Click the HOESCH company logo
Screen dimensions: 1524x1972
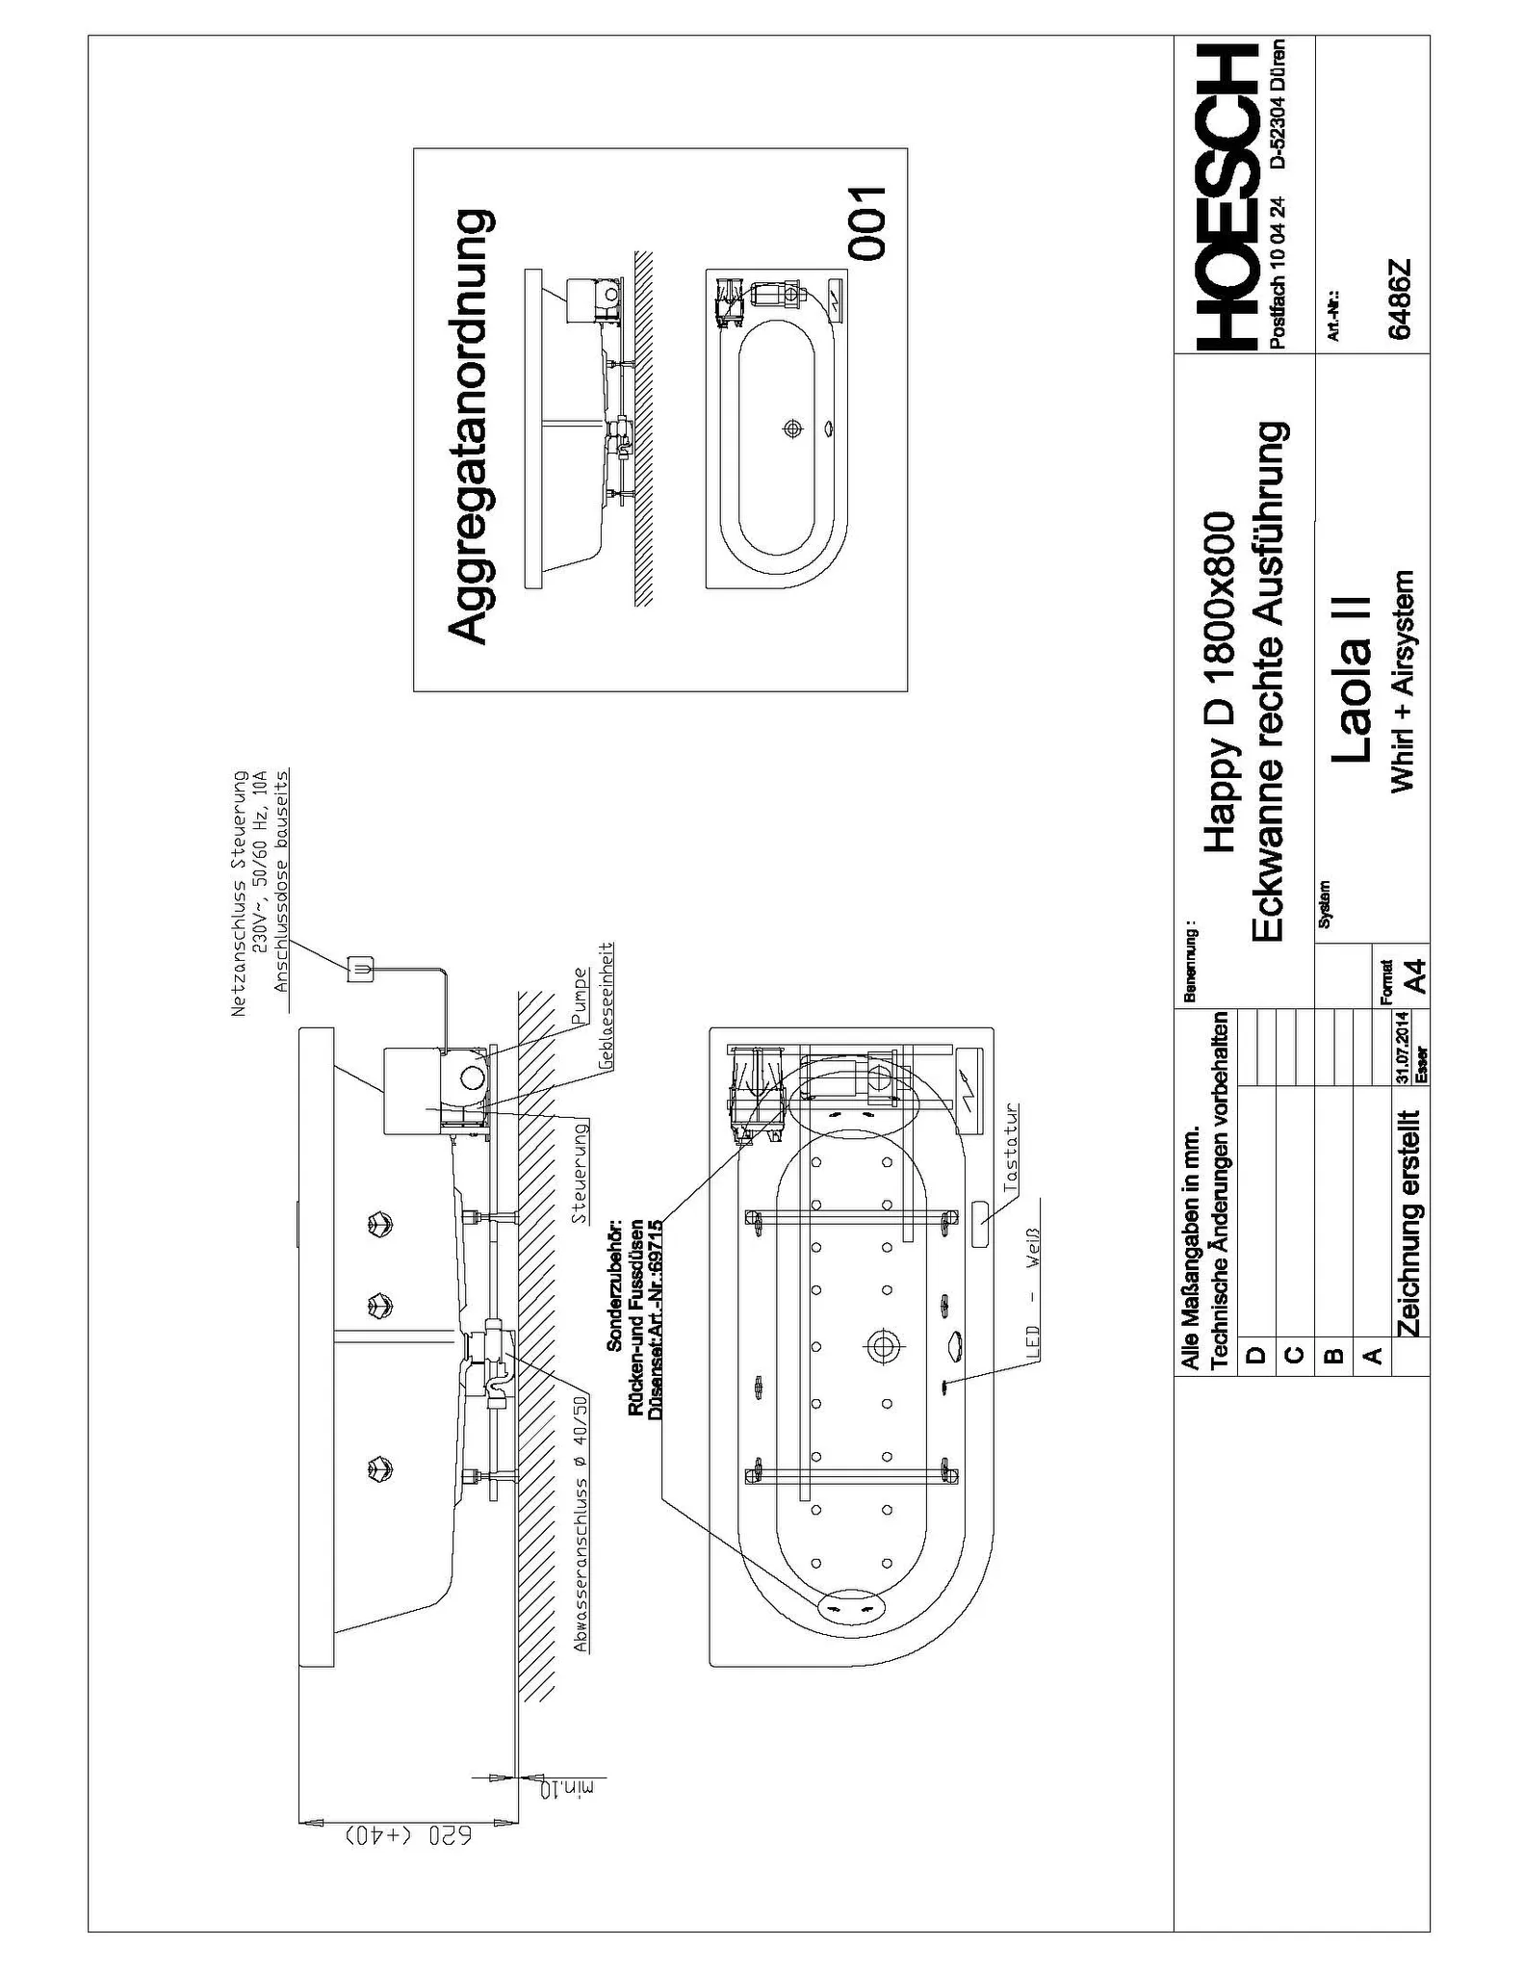click(x=1226, y=198)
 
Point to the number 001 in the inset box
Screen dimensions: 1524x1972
click(x=866, y=223)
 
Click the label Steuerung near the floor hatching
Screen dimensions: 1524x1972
click(x=580, y=1172)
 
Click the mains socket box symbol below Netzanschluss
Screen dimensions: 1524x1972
click(x=359, y=967)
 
